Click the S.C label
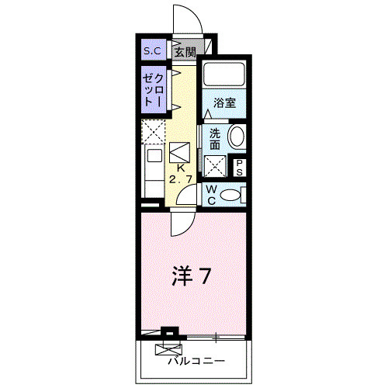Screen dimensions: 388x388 [x=151, y=51]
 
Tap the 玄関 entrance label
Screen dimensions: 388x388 [x=184, y=52]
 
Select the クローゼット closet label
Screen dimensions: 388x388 [x=152, y=91]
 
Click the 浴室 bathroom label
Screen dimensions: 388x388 [x=225, y=101]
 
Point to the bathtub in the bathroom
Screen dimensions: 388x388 [x=224, y=76]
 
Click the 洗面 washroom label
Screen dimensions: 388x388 [x=215, y=139]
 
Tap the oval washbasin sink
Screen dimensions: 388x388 [x=237, y=138]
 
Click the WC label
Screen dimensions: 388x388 [x=211, y=194]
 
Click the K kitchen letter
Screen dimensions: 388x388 [x=180, y=168]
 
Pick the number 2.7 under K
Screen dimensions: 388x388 [x=180, y=180]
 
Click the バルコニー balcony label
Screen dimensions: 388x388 [x=195, y=361]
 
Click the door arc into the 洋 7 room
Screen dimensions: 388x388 [x=180, y=224]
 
